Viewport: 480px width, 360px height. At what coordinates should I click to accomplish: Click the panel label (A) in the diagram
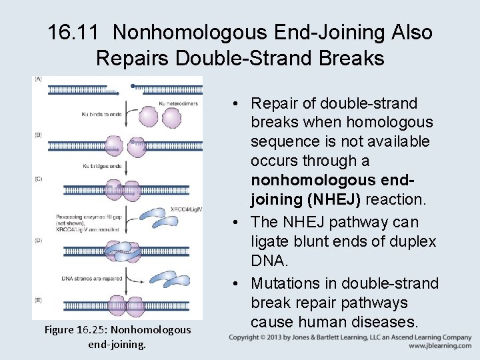pyautogui.click(x=38, y=79)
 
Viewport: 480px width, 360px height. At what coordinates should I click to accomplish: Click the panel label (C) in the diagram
pyautogui.click(x=38, y=179)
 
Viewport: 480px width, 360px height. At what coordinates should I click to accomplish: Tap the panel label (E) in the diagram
pyautogui.click(x=38, y=300)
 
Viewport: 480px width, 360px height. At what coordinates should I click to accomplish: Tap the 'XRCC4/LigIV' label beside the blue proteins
pyautogui.click(x=186, y=209)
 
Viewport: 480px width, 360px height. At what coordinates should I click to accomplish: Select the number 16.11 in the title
pyautogui.click(x=71, y=32)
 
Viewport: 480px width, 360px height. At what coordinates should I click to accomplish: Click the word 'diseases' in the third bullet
pyautogui.click(x=385, y=322)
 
